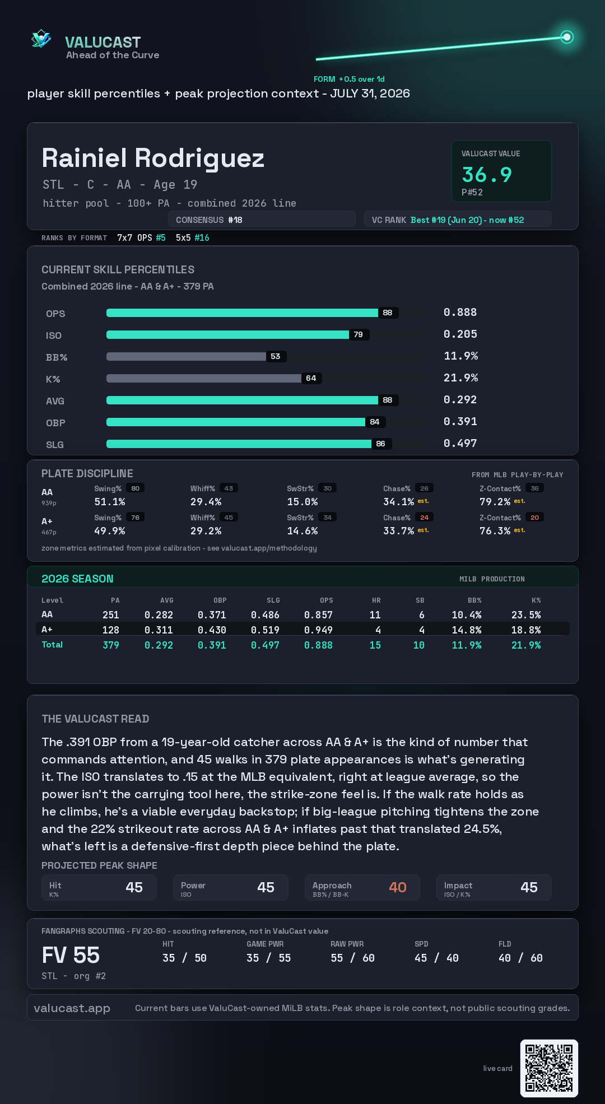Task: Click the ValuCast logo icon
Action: tap(41, 39)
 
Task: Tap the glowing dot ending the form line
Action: tap(567, 37)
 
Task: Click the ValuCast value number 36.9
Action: tap(487, 175)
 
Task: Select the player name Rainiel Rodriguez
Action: tap(153, 159)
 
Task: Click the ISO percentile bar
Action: tap(228, 334)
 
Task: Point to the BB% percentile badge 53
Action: tap(276, 356)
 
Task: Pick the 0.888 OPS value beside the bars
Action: tap(460, 312)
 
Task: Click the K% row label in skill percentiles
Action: tap(53, 379)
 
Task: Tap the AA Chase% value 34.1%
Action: tap(398, 502)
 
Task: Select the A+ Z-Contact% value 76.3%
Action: tap(495, 531)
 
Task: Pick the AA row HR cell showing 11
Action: tap(375, 615)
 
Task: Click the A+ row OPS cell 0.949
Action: tap(318, 630)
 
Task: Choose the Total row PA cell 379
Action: tap(111, 645)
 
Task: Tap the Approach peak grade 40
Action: tap(398, 887)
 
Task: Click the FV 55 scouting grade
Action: tap(71, 956)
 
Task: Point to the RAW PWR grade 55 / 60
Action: tap(352, 958)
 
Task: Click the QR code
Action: tap(549, 1068)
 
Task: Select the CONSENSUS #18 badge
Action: tap(262, 220)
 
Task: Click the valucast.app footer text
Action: tap(72, 1008)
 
